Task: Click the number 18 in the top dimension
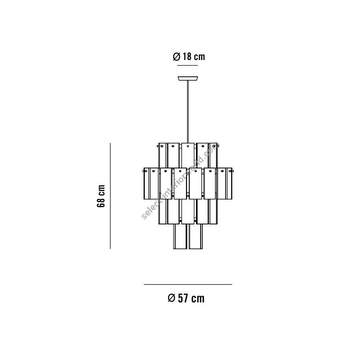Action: click(187, 56)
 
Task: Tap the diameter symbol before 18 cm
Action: click(176, 57)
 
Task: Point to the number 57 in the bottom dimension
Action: click(183, 298)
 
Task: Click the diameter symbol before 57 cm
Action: click(172, 298)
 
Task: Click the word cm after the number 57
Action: click(198, 299)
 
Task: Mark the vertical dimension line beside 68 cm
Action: click(110, 196)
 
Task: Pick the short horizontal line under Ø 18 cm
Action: click(187, 66)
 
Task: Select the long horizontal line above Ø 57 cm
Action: click(188, 284)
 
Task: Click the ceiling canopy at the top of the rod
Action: click(188, 78)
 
